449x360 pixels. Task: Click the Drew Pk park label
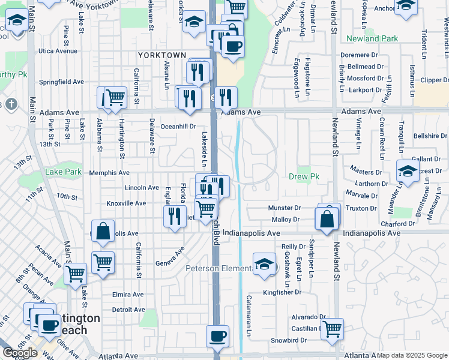[x=303, y=177]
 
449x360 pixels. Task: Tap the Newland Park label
[x=372, y=39]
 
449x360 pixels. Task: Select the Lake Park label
[x=63, y=172]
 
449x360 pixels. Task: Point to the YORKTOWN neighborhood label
[x=161, y=55]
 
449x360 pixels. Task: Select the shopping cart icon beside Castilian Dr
[x=332, y=329]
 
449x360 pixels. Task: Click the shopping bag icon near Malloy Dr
[x=328, y=220]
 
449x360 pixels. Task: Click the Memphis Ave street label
[x=109, y=173]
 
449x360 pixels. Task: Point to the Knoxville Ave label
[x=126, y=203]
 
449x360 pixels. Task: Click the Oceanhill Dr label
[x=178, y=127]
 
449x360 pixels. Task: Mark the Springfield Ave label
[x=61, y=82]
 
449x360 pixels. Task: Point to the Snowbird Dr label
[x=288, y=340]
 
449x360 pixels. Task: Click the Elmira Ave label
[x=128, y=295]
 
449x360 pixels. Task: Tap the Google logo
[x=20, y=353]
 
